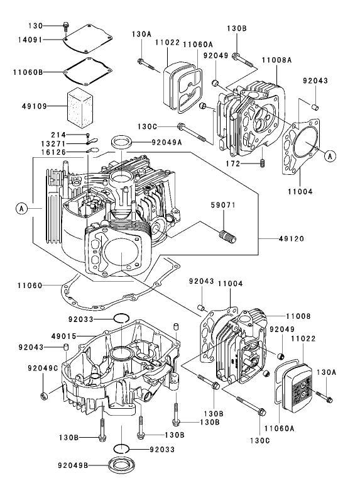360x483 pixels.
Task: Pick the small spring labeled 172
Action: click(263, 164)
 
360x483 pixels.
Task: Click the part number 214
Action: click(75, 135)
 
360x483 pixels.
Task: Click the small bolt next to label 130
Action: click(65, 26)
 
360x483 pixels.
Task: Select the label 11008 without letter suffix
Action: click(300, 315)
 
